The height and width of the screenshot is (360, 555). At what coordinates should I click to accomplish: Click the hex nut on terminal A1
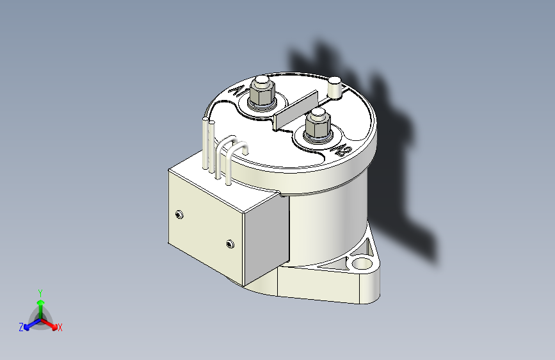coord(261,96)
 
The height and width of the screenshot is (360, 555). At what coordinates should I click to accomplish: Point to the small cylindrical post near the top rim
coord(335,86)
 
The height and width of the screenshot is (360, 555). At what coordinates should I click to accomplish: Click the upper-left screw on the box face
coord(179,214)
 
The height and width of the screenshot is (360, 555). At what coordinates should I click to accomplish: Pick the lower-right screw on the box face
coord(230,243)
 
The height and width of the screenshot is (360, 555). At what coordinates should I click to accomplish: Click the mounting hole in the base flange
coord(362,263)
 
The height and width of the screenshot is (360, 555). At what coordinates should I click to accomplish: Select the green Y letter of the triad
coord(40,291)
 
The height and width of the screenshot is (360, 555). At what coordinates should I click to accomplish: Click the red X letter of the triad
coord(60,328)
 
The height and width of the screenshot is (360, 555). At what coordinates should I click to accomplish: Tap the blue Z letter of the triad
coord(21,327)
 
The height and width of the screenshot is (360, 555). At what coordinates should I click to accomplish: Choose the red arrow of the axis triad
coord(51,323)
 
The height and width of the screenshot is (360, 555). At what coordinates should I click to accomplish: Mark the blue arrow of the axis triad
coord(29,323)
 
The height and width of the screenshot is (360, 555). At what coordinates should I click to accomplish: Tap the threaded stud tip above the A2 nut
coord(317,114)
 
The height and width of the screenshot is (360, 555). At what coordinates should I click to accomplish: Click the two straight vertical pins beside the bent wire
coord(208,144)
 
